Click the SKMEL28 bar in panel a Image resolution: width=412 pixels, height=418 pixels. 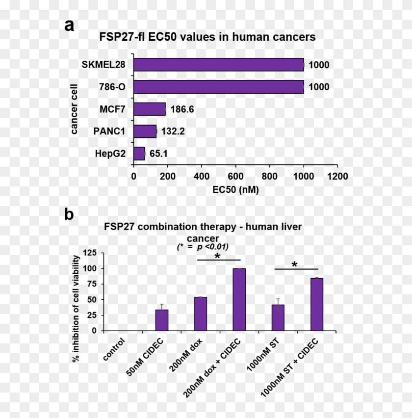[219, 65]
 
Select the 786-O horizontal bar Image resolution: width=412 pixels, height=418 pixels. [219, 87]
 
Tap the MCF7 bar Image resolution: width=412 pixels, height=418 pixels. [150, 109]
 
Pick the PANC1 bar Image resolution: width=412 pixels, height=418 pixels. [145, 131]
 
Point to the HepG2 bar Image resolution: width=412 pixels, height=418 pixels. [139, 154]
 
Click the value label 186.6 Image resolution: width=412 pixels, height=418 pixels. [182, 109]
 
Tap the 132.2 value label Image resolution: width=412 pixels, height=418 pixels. [172, 131]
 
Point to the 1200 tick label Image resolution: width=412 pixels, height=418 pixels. [337, 176]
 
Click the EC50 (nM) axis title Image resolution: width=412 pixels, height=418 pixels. [235, 189]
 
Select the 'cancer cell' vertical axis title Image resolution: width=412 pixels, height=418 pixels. [74, 109]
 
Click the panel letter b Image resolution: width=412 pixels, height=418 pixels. [70, 214]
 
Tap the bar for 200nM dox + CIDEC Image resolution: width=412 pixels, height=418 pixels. [239, 299]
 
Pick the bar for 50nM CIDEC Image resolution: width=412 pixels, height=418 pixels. [161, 320]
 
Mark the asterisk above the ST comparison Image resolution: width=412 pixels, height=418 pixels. [295, 265]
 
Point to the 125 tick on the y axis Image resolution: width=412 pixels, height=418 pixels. [89, 253]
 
